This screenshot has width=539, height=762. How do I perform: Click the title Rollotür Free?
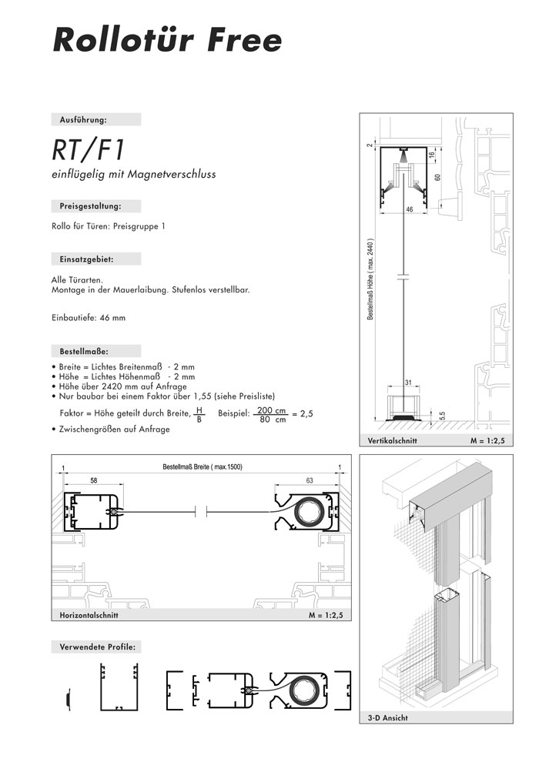167,40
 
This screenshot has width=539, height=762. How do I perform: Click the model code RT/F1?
88,150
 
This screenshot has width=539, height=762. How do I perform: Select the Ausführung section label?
83,119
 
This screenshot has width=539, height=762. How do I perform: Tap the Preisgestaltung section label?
90,206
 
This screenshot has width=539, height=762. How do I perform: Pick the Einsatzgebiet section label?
86,259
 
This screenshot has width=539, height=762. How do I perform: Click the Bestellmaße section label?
84,351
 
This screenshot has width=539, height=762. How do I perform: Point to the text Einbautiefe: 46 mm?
89,318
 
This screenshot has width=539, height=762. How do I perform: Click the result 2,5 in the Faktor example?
306,414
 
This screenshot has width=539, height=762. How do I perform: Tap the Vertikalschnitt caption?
392,441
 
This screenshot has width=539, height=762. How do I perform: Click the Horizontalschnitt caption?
89,615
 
